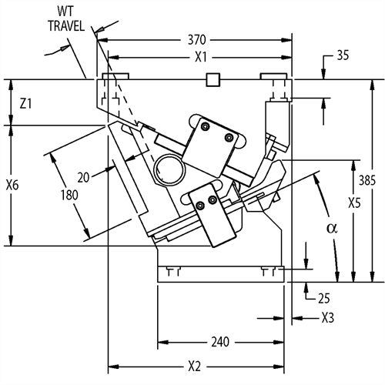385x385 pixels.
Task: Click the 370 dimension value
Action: pos(197,40)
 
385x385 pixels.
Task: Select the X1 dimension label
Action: pos(200,57)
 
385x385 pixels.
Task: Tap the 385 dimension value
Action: pos(367,180)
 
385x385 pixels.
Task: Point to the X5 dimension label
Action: pos(354,203)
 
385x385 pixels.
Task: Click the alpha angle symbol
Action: pos(332,228)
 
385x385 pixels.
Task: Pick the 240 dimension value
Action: pos(220,342)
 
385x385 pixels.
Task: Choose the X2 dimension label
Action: pos(194,367)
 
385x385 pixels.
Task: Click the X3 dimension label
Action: pos(328,318)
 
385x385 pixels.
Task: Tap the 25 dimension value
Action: pos(324,299)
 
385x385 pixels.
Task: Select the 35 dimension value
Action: pos(343,55)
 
